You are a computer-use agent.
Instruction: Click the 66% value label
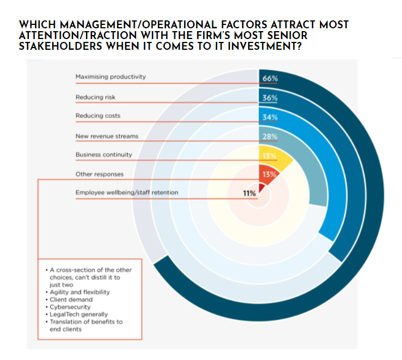pos(270,79)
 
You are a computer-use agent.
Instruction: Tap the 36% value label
pos(270,98)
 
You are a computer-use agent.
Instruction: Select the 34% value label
pos(270,117)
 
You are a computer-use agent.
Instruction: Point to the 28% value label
pos(270,137)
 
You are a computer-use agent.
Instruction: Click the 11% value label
pos(250,193)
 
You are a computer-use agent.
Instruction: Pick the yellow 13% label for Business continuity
pos(269,156)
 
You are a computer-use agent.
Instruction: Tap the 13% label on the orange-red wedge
pos(269,174)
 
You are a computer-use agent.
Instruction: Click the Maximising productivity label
pos(110,77)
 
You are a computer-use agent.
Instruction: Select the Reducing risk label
pos(95,97)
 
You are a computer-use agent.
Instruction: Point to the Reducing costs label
pos(98,116)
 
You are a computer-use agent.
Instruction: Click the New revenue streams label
pos(107,136)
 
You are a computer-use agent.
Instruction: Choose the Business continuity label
pos(104,155)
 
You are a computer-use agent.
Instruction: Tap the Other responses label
pos(100,174)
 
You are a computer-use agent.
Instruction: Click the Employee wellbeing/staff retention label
pos(127,192)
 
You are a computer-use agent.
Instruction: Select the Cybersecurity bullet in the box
pos(68,307)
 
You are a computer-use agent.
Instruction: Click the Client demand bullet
pos(69,299)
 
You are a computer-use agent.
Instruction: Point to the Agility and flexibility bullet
pos(78,292)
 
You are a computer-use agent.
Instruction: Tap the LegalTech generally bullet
pos(76,314)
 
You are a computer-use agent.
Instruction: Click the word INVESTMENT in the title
pos(264,46)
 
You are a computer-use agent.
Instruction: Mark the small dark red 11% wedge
pos(262,188)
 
